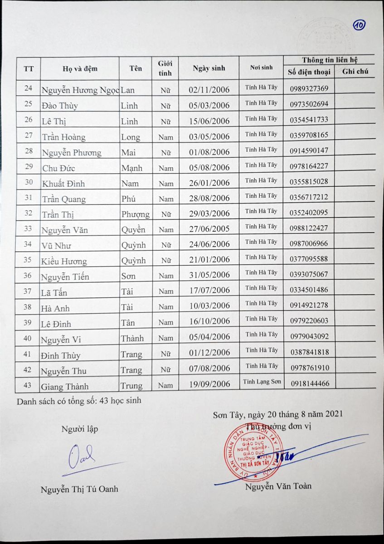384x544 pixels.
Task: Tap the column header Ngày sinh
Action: click(209, 68)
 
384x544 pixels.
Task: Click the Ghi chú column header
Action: click(355, 71)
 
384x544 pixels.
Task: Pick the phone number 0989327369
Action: click(310, 88)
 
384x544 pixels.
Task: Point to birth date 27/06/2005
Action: click(209, 228)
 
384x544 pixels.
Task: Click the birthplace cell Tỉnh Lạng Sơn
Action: click(262, 381)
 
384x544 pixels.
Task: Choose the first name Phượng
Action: click(136, 214)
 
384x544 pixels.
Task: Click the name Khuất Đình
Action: click(63, 184)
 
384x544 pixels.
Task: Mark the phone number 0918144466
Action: click(310, 384)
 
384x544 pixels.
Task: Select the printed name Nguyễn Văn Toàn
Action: click(278, 486)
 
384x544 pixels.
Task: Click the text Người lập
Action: click(80, 429)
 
